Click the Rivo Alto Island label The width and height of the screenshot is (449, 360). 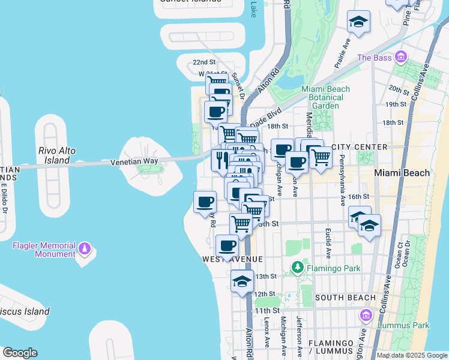(x=56, y=155)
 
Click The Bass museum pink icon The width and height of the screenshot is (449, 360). (x=401, y=58)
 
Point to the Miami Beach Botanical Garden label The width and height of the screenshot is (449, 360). (x=325, y=97)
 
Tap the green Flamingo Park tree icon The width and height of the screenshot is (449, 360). (x=296, y=266)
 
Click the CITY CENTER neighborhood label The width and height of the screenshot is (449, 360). (x=359, y=147)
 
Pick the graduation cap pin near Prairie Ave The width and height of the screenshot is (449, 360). (x=358, y=23)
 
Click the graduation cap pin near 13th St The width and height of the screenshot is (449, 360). (x=242, y=281)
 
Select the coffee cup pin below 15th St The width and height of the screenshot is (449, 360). (x=228, y=245)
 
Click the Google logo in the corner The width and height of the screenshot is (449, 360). (x=20, y=353)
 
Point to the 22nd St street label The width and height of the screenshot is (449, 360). (x=203, y=62)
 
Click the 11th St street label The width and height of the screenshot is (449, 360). (x=266, y=310)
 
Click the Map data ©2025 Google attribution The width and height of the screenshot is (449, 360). (x=412, y=355)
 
